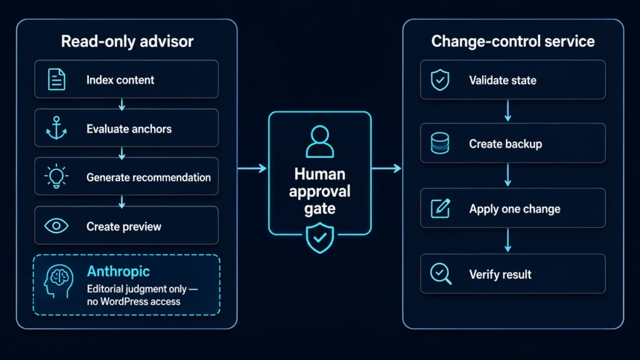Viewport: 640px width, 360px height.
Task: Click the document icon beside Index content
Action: pos(56,79)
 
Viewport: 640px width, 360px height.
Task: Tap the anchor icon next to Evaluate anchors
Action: pos(56,127)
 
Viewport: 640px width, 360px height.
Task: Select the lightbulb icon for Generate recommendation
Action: pos(56,176)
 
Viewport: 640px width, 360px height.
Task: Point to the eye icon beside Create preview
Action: pos(56,226)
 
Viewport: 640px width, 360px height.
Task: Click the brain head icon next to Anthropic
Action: pos(58,281)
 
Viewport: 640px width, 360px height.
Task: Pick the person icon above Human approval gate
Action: pos(320,141)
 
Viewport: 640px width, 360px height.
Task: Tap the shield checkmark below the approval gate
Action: pos(320,238)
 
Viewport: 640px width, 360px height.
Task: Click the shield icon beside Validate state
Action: pos(440,79)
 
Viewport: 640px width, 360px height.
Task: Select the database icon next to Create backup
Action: pos(440,143)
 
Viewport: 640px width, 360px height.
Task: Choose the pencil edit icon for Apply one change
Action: pos(441,208)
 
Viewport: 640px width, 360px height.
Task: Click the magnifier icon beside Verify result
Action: pos(441,274)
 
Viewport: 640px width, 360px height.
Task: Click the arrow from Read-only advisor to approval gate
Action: pos(252,168)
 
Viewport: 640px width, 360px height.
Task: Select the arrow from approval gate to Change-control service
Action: pos(386,168)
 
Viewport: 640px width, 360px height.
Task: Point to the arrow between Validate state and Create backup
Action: pos(507,111)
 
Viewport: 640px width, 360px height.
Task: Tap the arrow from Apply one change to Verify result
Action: pos(507,240)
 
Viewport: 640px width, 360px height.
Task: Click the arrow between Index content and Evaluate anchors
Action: pos(122,104)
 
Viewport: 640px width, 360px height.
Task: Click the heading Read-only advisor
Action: pos(127,41)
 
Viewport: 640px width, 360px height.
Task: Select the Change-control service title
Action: pos(513,41)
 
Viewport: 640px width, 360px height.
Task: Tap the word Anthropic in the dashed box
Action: pos(118,271)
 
